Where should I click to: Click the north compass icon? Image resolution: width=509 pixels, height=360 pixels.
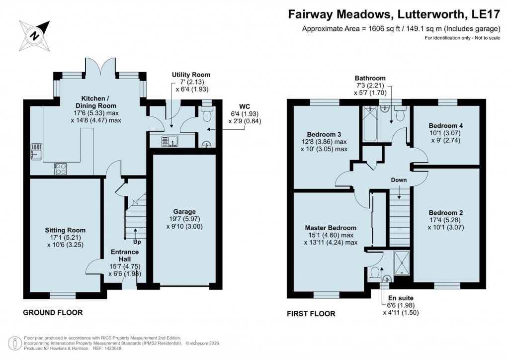(x=35, y=34)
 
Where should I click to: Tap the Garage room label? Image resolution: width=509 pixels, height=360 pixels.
(x=184, y=211)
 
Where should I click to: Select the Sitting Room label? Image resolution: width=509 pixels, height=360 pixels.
(x=65, y=230)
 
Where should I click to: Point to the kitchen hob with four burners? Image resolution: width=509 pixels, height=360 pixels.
(x=61, y=169)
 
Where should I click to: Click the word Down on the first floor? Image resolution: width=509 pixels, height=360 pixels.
(x=399, y=180)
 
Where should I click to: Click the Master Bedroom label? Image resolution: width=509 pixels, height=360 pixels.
(x=331, y=228)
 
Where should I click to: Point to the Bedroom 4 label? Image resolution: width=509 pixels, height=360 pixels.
(x=446, y=126)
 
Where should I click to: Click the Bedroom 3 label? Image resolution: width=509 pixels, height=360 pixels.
(x=324, y=134)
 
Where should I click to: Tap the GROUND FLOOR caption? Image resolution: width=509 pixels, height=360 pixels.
(x=53, y=313)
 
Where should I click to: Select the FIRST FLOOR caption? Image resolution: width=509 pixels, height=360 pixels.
(x=311, y=314)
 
